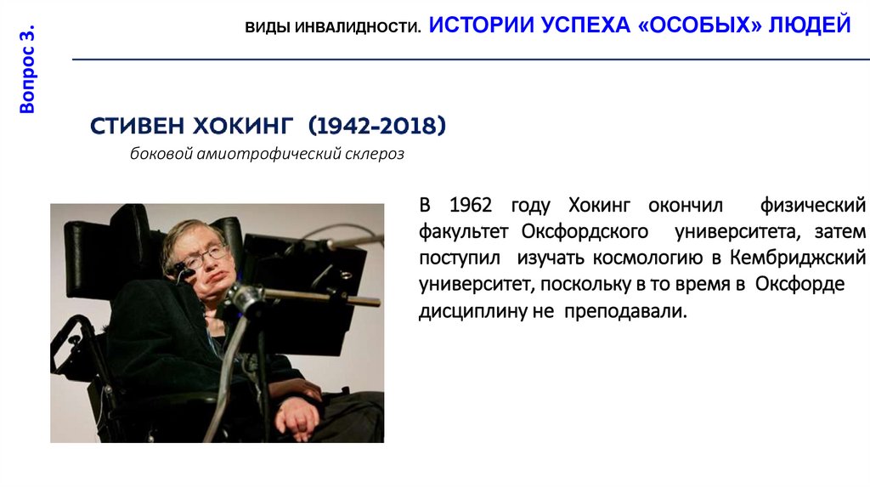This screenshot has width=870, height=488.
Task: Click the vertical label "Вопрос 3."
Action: coord(28,70)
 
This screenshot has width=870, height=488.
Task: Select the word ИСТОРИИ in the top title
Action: coord(480,25)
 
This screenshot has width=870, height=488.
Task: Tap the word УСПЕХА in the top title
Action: coord(586,25)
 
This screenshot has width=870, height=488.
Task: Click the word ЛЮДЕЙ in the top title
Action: coord(810,25)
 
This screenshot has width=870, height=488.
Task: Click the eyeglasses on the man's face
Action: coord(206,253)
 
